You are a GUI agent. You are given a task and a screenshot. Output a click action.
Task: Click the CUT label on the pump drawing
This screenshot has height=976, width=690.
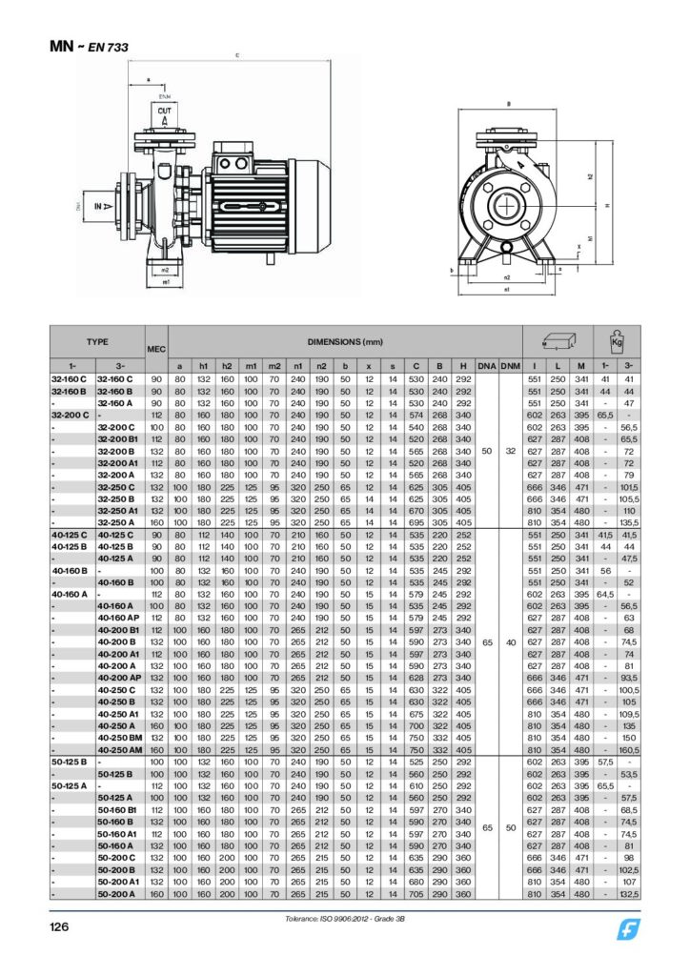click(x=164, y=112)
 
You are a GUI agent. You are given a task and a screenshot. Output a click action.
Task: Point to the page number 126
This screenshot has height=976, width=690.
click(x=63, y=925)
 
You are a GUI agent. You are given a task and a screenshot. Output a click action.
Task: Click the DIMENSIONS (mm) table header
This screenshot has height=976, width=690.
click(x=344, y=341)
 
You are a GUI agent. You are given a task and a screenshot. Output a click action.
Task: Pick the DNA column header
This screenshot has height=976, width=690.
click(x=487, y=366)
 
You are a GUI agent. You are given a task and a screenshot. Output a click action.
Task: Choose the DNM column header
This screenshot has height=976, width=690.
click(x=511, y=366)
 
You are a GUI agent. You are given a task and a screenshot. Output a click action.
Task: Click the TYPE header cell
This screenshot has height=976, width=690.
click(x=97, y=341)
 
